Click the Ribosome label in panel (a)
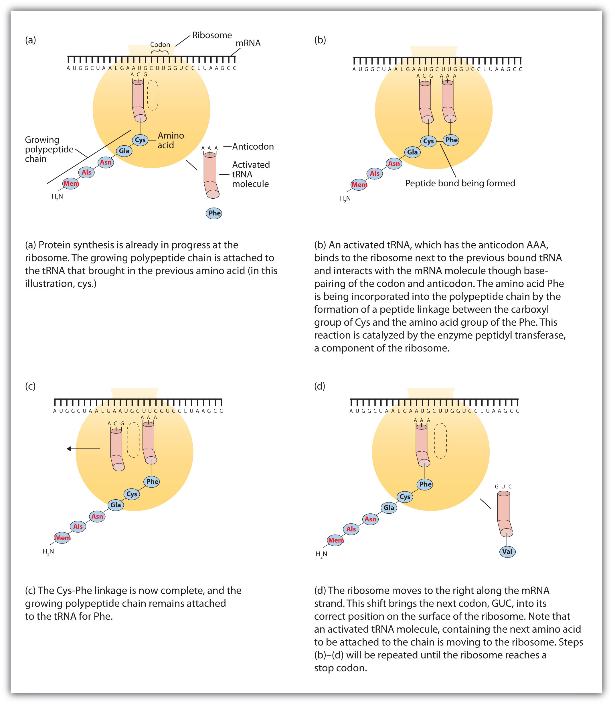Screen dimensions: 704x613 click(x=212, y=35)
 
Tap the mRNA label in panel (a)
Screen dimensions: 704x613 click(x=248, y=43)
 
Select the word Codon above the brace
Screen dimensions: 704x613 click(x=160, y=44)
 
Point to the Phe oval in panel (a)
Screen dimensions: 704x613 click(x=214, y=213)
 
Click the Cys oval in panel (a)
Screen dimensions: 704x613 click(x=140, y=140)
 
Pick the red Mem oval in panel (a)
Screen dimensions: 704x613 click(x=71, y=184)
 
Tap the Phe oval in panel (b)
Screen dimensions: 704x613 click(x=451, y=140)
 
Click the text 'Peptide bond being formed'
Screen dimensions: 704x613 click(x=460, y=183)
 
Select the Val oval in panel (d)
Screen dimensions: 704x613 click(x=507, y=551)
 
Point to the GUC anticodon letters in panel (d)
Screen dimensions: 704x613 click(x=503, y=486)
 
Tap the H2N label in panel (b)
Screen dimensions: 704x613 click(x=345, y=199)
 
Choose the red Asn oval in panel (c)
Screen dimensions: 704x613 click(x=97, y=516)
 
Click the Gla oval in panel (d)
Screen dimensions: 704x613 click(x=389, y=508)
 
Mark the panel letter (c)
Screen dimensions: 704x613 click(x=30, y=386)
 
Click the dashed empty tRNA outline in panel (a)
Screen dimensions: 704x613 click(x=153, y=95)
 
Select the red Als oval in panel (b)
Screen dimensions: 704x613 click(x=375, y=173)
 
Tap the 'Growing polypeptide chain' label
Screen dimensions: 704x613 click(x=49, y=149)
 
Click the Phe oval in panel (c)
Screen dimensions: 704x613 click(x=152, y=481)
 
